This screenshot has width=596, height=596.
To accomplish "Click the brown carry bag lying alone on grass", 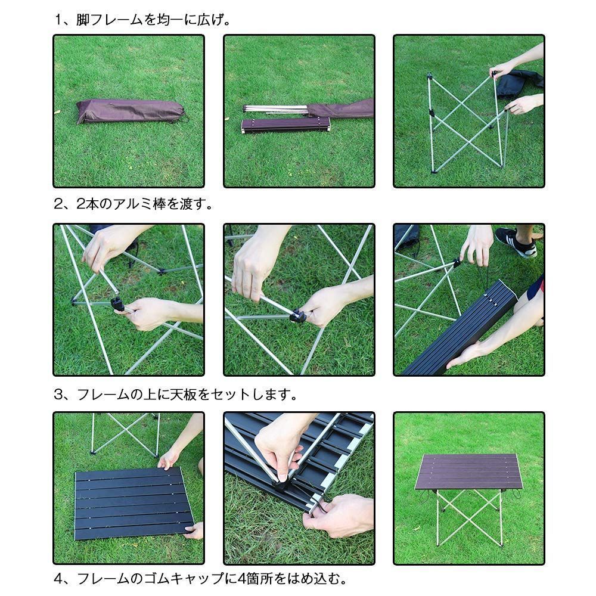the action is click(x=131, y=111).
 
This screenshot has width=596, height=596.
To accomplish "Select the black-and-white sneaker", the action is click(x=517, y=242).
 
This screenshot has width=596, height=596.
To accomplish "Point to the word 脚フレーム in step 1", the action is click(x=110, y=20).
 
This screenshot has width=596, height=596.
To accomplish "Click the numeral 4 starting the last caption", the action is click(x=58, y=579).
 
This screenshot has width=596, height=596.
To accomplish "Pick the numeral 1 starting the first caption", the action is click(x=58, y=20).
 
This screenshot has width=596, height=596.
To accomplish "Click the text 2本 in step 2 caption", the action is click(x=88, y=204).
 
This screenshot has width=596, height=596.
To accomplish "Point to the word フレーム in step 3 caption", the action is click(x=103, y=395).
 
